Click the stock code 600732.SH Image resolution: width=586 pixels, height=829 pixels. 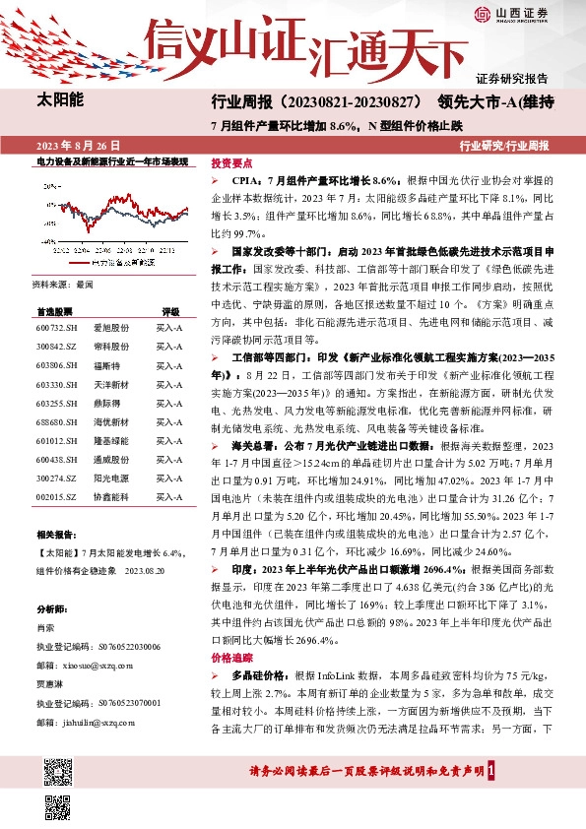click(54, 326)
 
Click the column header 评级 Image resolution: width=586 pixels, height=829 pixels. click(169, 309)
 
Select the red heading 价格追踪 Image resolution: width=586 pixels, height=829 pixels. click(232, 655)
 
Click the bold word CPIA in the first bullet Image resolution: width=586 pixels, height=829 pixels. click(244, 181)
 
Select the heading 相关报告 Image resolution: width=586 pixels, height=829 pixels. click(58, 534)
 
